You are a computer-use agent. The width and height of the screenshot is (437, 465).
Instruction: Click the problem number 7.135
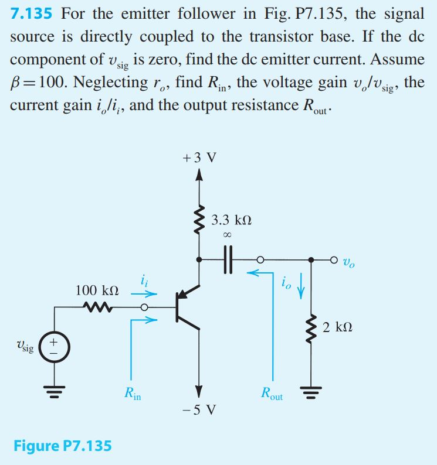[x=31, y=13]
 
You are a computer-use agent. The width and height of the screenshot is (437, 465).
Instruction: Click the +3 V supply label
[x=199, y=158]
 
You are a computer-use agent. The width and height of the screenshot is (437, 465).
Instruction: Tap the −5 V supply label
[x=199, y=409]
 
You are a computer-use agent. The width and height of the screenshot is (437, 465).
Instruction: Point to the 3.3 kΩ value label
[x=232, y=220]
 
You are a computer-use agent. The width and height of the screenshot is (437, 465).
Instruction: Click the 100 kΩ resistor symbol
[x=97, y=307]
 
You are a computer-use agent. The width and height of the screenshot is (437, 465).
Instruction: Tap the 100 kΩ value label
[x=97, y=290]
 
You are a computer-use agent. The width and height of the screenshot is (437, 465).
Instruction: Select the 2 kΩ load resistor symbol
[x=311, y=329]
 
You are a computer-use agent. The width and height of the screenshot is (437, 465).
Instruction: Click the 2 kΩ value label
[x=337, y=327]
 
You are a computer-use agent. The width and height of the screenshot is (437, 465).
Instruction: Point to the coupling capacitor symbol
[x=228, y=260]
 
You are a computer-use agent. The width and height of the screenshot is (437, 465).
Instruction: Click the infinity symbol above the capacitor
[x=227, y=235]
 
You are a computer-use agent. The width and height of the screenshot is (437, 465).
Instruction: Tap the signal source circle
[x=55, y=347]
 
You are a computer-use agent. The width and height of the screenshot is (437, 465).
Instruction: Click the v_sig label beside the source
[x=25, y=346]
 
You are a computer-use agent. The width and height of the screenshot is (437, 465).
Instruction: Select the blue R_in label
[x=133, y=394]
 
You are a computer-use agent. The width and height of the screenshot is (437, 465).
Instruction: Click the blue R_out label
[x=272, y=394]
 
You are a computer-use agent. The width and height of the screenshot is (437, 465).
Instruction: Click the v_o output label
[x=349, y=262]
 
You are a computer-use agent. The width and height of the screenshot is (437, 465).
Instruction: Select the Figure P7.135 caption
[x=63, y=446]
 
